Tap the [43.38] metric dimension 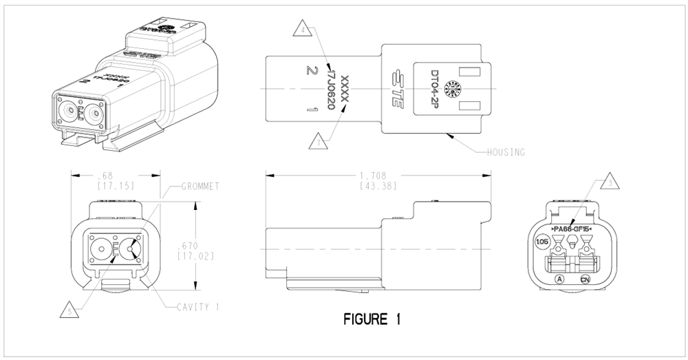[x=376, y=186]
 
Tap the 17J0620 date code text [x=328, y=89]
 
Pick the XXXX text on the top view [x=345, y=89]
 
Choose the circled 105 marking [x=542, y=242]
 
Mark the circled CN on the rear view [x=585, y=279]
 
